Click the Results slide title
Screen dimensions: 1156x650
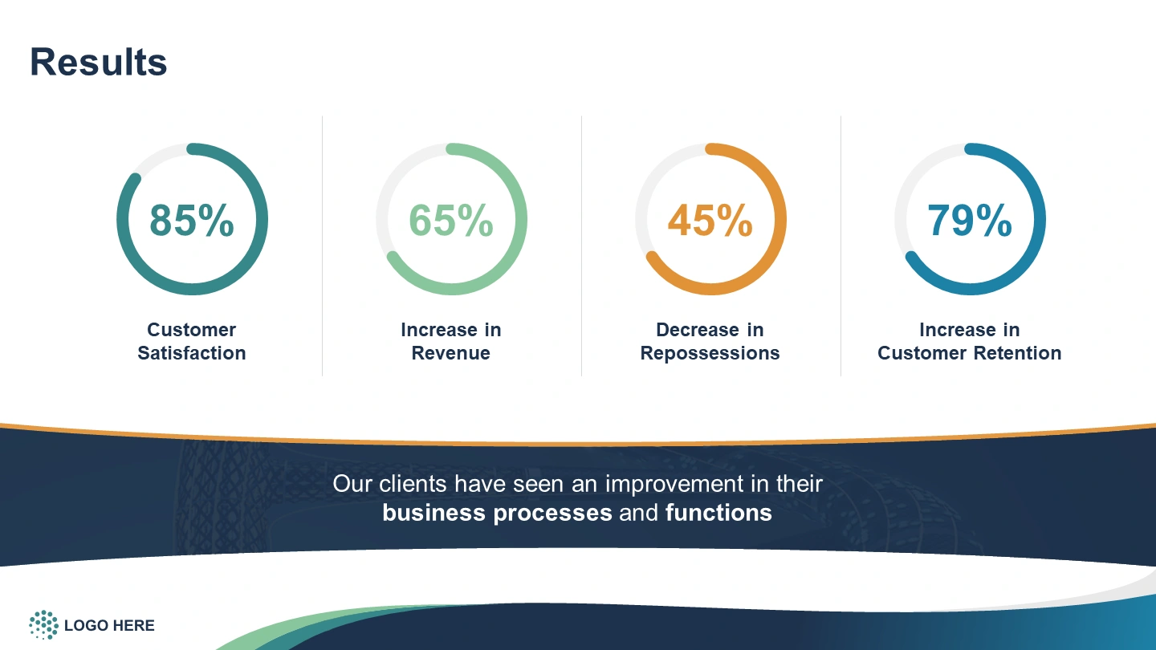click(99, 63)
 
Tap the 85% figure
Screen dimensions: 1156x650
click(192, 220)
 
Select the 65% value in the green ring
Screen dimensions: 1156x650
click(451, 220)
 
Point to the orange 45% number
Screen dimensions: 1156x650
click(710, 220)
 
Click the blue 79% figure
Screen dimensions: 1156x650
click(970, 220)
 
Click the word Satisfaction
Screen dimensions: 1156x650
click(191, 353)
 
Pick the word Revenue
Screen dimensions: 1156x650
click(450, 353)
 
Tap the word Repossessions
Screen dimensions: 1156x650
click(710, 354)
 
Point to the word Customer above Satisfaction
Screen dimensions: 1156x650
click(191, 330)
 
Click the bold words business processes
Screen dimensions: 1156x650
click(497, 514)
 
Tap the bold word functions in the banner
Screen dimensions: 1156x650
click(718, 513)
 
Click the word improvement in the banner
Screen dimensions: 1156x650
click(674, 485)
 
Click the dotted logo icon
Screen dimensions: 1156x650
click(44, 624)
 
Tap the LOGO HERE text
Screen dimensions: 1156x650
click(109, 625)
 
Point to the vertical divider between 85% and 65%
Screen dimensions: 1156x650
click(323, 246)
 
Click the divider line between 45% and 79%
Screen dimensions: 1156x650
click(841, 246)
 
